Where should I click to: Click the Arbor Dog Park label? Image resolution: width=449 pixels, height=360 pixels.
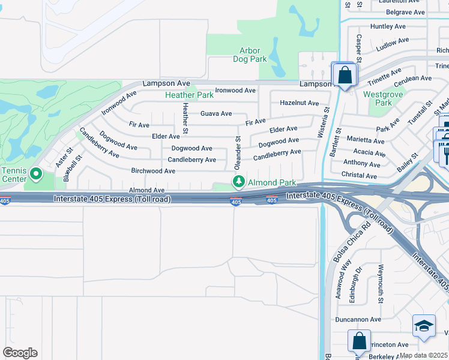(x=253, y=55)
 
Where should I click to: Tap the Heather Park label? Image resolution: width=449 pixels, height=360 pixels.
(x=189, y=95)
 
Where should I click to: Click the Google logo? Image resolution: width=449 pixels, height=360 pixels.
(x=20, y=353)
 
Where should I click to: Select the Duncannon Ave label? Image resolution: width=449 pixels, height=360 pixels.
(x=358, y=319)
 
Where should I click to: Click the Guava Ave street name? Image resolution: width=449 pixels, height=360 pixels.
(x=216, y=113)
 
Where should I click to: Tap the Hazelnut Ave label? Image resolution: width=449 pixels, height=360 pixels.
(x=299, y=103)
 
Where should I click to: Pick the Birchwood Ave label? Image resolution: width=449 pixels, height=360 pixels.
(x=153, y=171)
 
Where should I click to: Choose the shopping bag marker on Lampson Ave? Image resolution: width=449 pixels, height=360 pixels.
(x=345, y=76)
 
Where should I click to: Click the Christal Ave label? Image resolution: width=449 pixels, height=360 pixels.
(x=359, y=176)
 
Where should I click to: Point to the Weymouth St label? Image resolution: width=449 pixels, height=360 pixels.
(x=379, y=281)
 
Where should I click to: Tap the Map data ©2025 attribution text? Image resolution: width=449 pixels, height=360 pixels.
(x=423, y=355)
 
